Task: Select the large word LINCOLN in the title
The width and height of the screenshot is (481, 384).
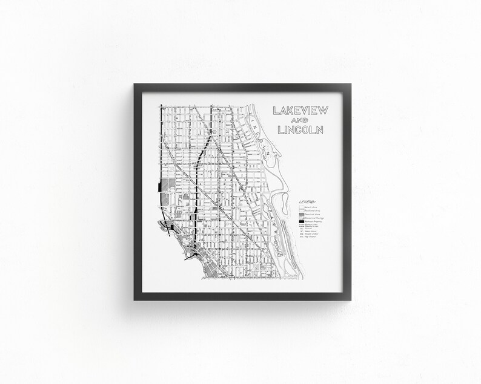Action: click(298, 129)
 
